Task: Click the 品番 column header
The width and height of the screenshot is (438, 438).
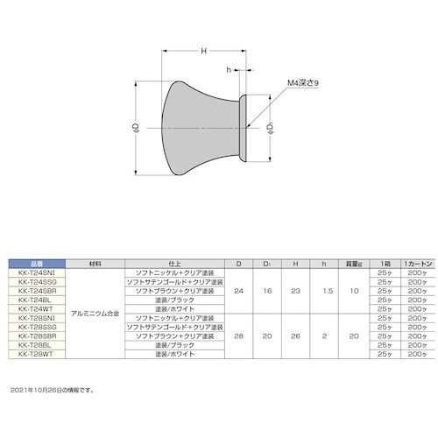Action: [36, 263]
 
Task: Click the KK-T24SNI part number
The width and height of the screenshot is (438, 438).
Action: [36, 272]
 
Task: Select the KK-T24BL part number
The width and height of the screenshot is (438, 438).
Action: [36, 300]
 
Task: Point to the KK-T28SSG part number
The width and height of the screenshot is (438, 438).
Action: [36, 327]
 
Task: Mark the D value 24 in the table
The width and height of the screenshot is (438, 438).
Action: [239, 290]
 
